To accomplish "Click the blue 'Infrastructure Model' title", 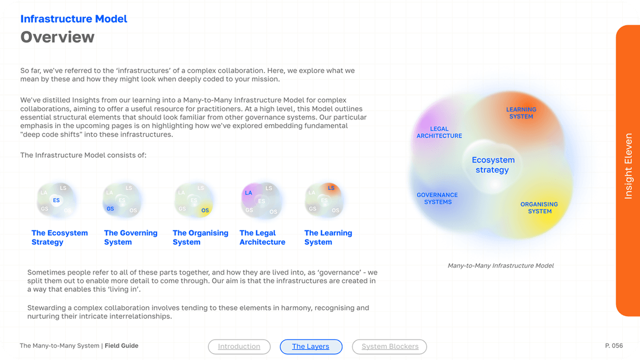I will tap(74, 19).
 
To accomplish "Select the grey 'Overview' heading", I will tap(57, 37).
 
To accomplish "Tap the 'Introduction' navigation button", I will tap(239, 347).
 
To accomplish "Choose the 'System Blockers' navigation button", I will tap(390, 347).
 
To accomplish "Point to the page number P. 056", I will tap(614, 346).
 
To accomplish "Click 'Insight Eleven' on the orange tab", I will tap(628, 166).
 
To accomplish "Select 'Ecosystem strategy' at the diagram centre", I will tap(493, 165).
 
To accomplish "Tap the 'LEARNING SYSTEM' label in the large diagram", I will tap(521, 113).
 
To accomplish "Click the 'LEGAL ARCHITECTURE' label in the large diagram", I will tap(439, 132).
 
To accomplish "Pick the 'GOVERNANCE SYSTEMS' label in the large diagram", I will tap(437, 198).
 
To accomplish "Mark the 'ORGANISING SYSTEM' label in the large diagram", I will tap(539, 207).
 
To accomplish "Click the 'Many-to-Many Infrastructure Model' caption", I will tap(501, 265).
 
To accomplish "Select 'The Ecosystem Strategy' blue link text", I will tap(59, 237).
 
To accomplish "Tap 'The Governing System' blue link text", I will tap(131, 237).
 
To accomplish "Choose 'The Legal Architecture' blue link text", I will tap(262, 237).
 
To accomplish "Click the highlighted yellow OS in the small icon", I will tap(205, 211).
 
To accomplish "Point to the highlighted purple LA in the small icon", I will tap(249, 193).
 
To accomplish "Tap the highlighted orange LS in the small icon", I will tap(331, 188).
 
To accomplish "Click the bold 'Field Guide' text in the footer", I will tap(122, 346).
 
